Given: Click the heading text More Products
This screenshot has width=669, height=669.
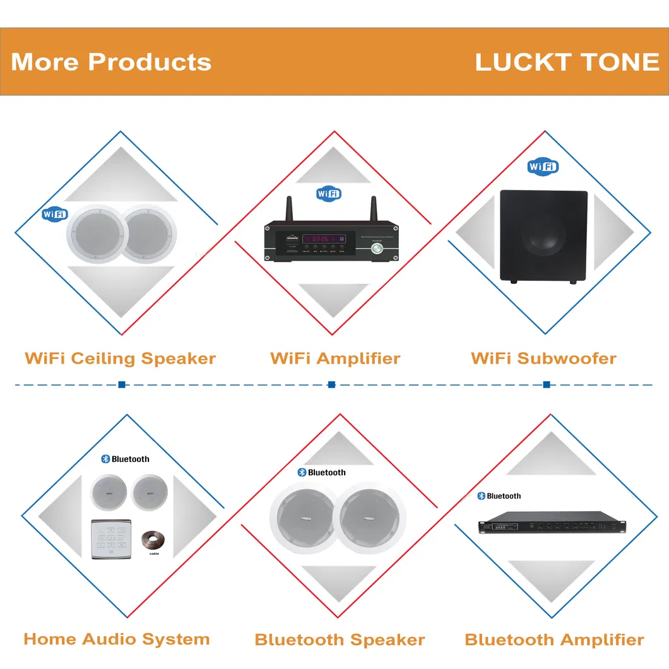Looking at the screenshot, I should pos(111,62).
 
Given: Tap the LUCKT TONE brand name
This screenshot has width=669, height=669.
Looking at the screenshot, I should pos(567,62).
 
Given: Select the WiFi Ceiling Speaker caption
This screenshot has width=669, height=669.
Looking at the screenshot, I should pos(120,358).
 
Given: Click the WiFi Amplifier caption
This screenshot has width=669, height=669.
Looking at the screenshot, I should pos(335,358).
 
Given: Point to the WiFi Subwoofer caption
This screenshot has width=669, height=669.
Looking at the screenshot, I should pos(543,358).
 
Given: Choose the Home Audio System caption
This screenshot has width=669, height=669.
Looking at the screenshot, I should pos(117,639).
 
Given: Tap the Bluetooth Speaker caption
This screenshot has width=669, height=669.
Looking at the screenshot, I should pos(340,639).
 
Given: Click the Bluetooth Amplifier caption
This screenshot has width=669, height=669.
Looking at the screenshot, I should pos(554,639).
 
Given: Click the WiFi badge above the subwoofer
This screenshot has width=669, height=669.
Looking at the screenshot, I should pos(543,167).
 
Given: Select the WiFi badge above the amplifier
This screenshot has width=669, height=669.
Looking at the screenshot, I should pos(329,193).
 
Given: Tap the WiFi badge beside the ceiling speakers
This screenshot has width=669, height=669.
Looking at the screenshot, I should pos(54,214).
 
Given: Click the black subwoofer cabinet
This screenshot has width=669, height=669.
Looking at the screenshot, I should pos(543,235).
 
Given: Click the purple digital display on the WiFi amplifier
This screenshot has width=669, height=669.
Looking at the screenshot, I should pos(324,239).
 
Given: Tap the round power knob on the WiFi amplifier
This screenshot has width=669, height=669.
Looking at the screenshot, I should pos(377,248).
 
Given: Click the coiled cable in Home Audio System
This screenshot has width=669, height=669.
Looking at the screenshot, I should pos(153,540).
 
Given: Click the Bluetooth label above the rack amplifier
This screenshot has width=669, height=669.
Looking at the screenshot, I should pos(499,496).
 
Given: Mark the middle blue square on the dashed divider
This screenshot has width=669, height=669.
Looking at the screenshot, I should pos(331,384).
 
